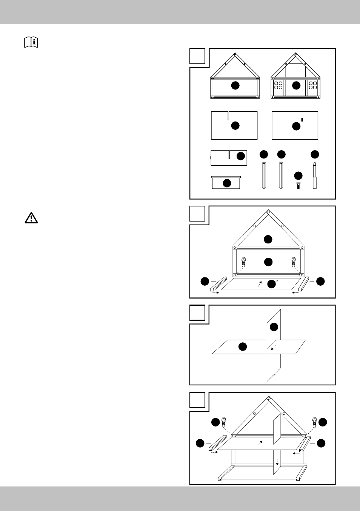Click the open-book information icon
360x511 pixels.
(x=31, y=42)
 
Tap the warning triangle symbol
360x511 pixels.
(x=31, y=218)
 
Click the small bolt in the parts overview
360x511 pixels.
(x=298, y=185)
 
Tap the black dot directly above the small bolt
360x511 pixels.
(x=298, y=175)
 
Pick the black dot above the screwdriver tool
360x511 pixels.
(x=315, y=154)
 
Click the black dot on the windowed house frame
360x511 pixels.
(x=296, y=85)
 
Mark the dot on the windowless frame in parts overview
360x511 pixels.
(x=235, y=85)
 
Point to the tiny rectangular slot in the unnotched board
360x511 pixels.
(x=302, y=120)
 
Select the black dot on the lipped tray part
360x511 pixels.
(x=227, y=183)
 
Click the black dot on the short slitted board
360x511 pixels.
(x=240, y=155)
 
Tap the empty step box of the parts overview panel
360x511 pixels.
(x=197, y=56)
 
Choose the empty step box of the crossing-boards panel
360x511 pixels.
(x=197, y=312)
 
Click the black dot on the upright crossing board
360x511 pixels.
(x=274, y=327)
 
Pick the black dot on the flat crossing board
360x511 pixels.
(x=243, y=346)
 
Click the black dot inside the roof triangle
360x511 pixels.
(x=268, y=239)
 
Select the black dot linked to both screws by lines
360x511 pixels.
(x=268, y=262)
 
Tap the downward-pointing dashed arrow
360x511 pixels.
(x=277, y=462)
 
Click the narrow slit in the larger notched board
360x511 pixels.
(x=228, y=115)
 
